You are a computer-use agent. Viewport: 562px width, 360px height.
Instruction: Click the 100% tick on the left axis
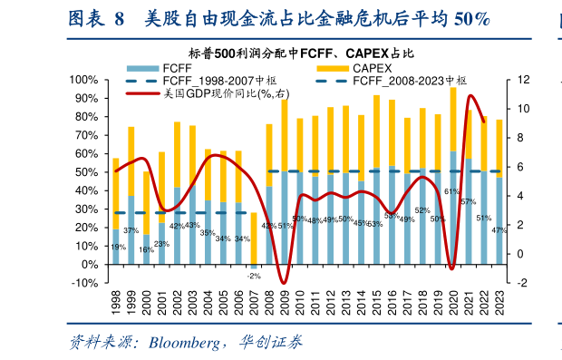(x=82, y=80)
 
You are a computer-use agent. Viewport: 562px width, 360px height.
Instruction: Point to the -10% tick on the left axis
(x=84, y=283)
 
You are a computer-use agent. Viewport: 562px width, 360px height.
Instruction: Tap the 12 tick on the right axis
(x=523, y=80)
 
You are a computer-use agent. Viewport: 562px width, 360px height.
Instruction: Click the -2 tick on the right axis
(x=522, y=283)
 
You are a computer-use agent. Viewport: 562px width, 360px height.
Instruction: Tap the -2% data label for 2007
(x=254, y=276)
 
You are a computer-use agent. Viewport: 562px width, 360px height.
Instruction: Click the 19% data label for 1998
(x=118, y=247)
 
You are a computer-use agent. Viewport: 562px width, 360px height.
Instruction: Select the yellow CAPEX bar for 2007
(x=254, y=238)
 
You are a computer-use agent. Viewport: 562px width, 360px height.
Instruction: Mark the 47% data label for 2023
(x=499, y=230)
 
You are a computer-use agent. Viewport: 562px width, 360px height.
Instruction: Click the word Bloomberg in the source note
(x=183, y=343)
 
